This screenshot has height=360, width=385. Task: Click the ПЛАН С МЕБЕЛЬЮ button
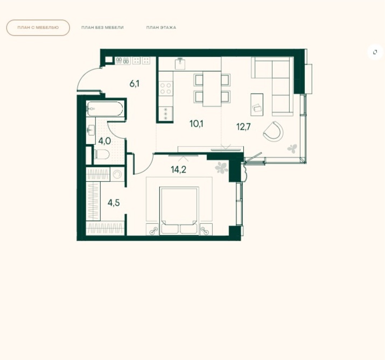[x=38, y=28]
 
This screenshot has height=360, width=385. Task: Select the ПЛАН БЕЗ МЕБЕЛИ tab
[x=102, y=28]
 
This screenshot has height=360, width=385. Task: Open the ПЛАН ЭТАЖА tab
[x=161, y=28]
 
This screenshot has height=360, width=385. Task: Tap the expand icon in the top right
[x=375, y=52]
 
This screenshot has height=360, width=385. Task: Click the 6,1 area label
[x=135, y=84]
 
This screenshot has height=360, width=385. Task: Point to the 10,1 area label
[x=197, y=124]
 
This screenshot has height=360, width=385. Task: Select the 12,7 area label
[x=243, y=127]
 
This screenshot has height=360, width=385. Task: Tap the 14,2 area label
[x=179, y=170]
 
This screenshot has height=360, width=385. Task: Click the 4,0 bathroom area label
[x=104, y=142]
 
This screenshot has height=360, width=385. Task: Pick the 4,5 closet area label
[x=114, y=203]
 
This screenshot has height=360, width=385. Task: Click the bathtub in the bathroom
[x=105, y=109]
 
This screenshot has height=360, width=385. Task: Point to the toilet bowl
[x=102, y=154]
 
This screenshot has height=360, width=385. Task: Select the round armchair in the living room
[x=274, y=132]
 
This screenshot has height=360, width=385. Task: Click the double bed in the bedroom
[x=179, y=211]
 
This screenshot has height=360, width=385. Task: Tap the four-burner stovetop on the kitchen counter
[x=165, y=89]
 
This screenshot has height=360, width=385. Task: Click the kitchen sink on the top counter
[x=180, y=63]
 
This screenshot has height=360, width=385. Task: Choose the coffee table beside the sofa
[x=257, y=104]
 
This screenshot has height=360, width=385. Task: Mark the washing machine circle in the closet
[x=117, y=174]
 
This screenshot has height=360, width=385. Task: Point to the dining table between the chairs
[x=212, y=89]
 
